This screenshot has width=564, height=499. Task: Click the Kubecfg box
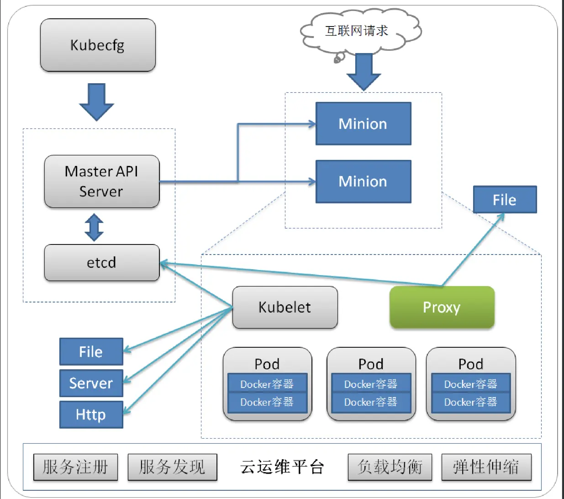[x=98, y=45]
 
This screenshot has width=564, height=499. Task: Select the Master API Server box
[x=101, y=181]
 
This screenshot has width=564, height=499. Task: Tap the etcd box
[x=101, y=263]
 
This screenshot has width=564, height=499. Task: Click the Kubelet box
[x=285, y=308]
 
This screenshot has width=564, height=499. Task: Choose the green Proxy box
[x=442, y=308]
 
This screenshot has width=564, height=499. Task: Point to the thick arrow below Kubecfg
[x=96, y=101]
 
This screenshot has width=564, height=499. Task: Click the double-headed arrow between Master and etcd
[x=94, y=227]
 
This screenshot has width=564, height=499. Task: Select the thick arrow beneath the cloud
[x=364, y=72]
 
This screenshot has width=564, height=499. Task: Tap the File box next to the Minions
[x=505, y=200]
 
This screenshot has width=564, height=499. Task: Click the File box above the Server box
[x=91, y=351]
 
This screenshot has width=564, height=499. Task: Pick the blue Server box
[x=91, y=383]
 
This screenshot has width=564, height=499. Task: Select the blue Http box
[x=91, y=414]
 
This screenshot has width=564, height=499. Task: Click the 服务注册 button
[x=75, y=467]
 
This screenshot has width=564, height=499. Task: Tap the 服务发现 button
[x=172, y=467]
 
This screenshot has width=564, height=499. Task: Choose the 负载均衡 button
[x=390, y=467]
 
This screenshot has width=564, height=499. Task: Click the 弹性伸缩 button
[x=486, y=467]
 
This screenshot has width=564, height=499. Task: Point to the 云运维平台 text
[x=282, y=467]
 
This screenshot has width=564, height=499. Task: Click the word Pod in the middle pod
[x=371, y=364]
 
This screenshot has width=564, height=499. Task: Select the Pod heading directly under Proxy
[x=471, y=364]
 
